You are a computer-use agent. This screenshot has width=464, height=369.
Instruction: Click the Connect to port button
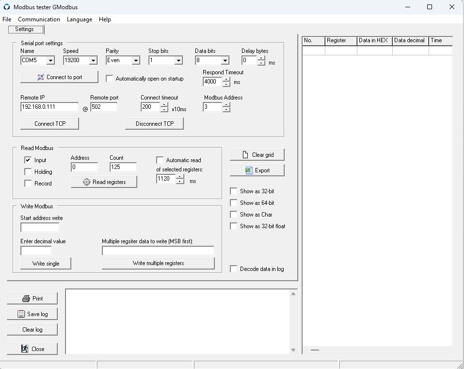(x=59, y=77)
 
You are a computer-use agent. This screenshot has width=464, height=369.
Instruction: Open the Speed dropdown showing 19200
(x=80, y=60)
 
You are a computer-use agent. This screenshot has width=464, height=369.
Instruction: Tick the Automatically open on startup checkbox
(x=110, y=79)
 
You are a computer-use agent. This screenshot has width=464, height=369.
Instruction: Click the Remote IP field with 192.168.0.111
(x=49, y=107)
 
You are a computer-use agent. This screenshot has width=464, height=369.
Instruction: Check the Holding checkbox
(x=28, y=171)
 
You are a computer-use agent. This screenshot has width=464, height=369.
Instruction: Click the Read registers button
(x=104, y=182)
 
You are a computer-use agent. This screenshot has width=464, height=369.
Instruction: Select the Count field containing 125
(x=123, y=167)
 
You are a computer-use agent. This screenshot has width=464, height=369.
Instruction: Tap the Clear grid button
(x=257, y=155)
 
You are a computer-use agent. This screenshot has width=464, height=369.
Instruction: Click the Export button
(x=257, y=170)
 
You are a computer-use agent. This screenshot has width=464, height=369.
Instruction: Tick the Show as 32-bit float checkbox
(x=234, y=226)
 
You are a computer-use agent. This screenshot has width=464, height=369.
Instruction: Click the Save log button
(x=32, y=314)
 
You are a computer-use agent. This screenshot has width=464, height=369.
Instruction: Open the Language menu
(x=80, y=19)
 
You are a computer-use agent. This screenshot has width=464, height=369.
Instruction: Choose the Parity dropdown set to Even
(x=123, y=60)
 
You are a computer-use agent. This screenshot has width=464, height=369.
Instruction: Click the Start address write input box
(x=40, y=227)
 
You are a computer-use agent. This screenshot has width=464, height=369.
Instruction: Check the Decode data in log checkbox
(x=234, y=269)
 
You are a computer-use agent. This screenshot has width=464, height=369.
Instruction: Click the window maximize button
(x=430, y=7)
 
